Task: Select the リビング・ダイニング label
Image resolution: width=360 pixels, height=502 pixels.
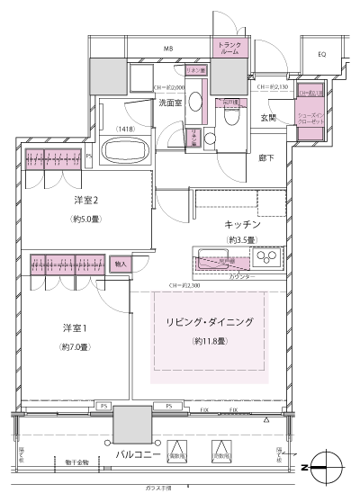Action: tap(209, 322)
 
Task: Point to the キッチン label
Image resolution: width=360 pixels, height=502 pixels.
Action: tap(242, 223)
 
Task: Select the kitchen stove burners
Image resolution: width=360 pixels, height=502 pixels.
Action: tap(266, 259)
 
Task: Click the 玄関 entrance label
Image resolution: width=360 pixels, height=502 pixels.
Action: tap(269, 118)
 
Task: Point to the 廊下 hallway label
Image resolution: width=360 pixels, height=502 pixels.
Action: tap(267, 158)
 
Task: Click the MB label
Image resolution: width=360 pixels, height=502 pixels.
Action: tap(169, 48)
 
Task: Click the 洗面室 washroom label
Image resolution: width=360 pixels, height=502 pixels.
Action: tap(171, 103)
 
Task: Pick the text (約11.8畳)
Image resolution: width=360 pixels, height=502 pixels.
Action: tap(209, 341)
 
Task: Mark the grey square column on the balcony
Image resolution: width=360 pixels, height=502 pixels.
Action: tap(132, 423)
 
